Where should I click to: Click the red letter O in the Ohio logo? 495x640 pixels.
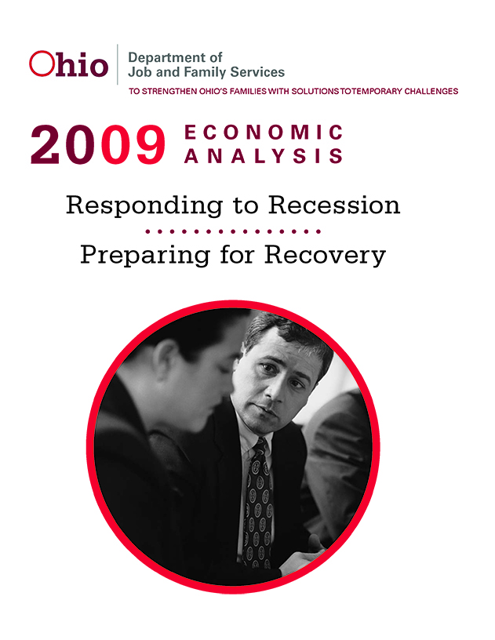[x=42, y=64]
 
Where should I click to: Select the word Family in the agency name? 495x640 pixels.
[x=205, y=72]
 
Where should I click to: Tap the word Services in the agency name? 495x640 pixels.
[x=257, y=72]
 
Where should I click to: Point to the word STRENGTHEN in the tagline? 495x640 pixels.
[x=169, y=92]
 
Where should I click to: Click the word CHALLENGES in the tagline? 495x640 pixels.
[x=431, y=92]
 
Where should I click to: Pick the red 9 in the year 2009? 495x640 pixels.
[x=151, y=144]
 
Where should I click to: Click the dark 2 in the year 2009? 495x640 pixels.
[x=45, y=144]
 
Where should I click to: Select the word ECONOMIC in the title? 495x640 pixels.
[x=264, y=132]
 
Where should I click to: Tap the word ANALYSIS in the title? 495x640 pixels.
[x=264, y=156]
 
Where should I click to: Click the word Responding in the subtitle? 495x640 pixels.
[x=144, y=205]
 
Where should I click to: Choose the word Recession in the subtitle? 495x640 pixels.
[x=334, y=205]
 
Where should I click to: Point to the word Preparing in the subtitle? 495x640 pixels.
[x=145, y=256]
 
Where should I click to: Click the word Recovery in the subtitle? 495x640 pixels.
[x=325, y=256]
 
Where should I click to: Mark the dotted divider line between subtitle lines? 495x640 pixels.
[x=233, y=231]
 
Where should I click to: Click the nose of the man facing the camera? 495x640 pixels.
[x=272, y=392]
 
